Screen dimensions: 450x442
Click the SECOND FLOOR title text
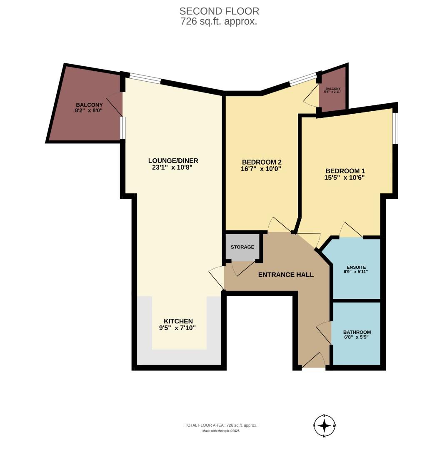tap(219, 11)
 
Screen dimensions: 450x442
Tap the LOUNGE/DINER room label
tap(173, 161)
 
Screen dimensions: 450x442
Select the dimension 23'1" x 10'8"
tap(173, 167)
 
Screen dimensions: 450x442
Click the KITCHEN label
tap(178, 321)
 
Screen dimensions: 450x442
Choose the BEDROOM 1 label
tap(345, 171)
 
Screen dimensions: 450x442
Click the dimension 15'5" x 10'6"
tap(345, 177)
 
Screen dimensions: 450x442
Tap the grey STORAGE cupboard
tap(242, 247)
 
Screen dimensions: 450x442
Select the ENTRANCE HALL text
tap(286, 275)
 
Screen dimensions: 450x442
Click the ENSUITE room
tap(357, 269)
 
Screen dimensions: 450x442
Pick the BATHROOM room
tap(357, 334)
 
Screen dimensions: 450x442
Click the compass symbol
tap(325, 426)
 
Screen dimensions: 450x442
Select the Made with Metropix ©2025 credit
tap(221, 431)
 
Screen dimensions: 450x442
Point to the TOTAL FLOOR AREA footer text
tap(221, 425)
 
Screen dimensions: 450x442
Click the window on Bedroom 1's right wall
tap(395, 128)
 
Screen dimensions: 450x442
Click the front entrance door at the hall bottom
tap(314, 362)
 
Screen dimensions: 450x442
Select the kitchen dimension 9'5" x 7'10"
tap(178, 328)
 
